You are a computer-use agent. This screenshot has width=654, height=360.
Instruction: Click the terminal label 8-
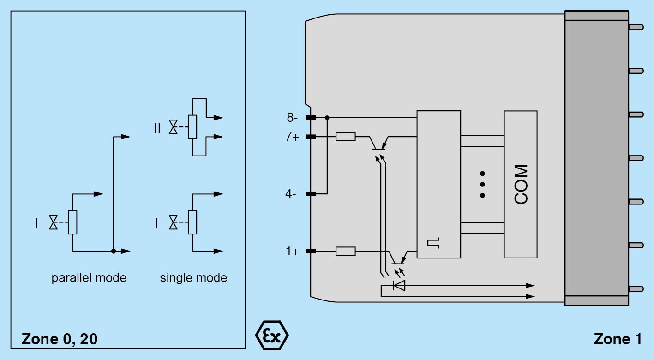(x=293, y=118)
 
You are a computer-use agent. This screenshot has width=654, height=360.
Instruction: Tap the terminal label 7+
(x=293, y=137)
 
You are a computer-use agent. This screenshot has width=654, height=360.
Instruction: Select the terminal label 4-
(x=291, y=194)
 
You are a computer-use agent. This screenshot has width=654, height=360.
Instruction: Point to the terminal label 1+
(x=292, y=252)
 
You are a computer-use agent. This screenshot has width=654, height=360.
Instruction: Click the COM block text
(x=521, y=184)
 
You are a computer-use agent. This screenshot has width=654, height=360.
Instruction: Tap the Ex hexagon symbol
(x=272, y=335)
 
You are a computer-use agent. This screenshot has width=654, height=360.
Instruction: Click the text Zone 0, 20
(x=60, y=339)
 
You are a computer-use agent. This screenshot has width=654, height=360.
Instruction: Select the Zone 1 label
(x=618, y=339)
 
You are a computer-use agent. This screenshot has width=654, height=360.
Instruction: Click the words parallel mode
(x=89, y=278)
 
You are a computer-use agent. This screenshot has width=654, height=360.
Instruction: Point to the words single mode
(x=193, y=278)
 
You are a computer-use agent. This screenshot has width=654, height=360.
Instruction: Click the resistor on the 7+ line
(x=345, y=137)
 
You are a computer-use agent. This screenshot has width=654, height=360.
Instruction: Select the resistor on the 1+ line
(x=345, y=251)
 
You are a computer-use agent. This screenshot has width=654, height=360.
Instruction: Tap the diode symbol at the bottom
(x=399, y=286)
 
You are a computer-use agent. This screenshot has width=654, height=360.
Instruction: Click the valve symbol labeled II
(x=173, y=127)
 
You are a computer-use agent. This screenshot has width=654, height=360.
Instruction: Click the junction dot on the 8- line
(x=327, y=118)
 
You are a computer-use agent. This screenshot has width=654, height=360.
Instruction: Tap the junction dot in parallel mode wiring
(x=114, y=251)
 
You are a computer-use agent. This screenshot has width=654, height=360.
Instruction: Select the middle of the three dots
(x=482, y=184)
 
